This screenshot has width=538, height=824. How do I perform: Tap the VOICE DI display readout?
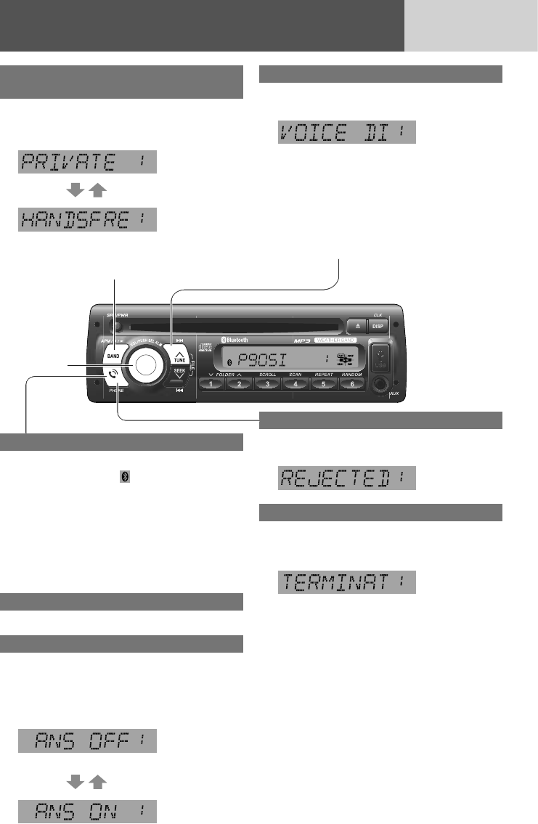click(347, 132)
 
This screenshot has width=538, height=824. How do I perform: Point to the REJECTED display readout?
click(347, 478)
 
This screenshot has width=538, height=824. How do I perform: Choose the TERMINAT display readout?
click(347, 582)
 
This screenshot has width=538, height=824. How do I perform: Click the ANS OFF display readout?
click(88, 741)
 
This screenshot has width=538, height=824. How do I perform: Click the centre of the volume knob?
click(144, 365)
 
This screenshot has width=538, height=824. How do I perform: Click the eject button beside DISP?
click(354, 327)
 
